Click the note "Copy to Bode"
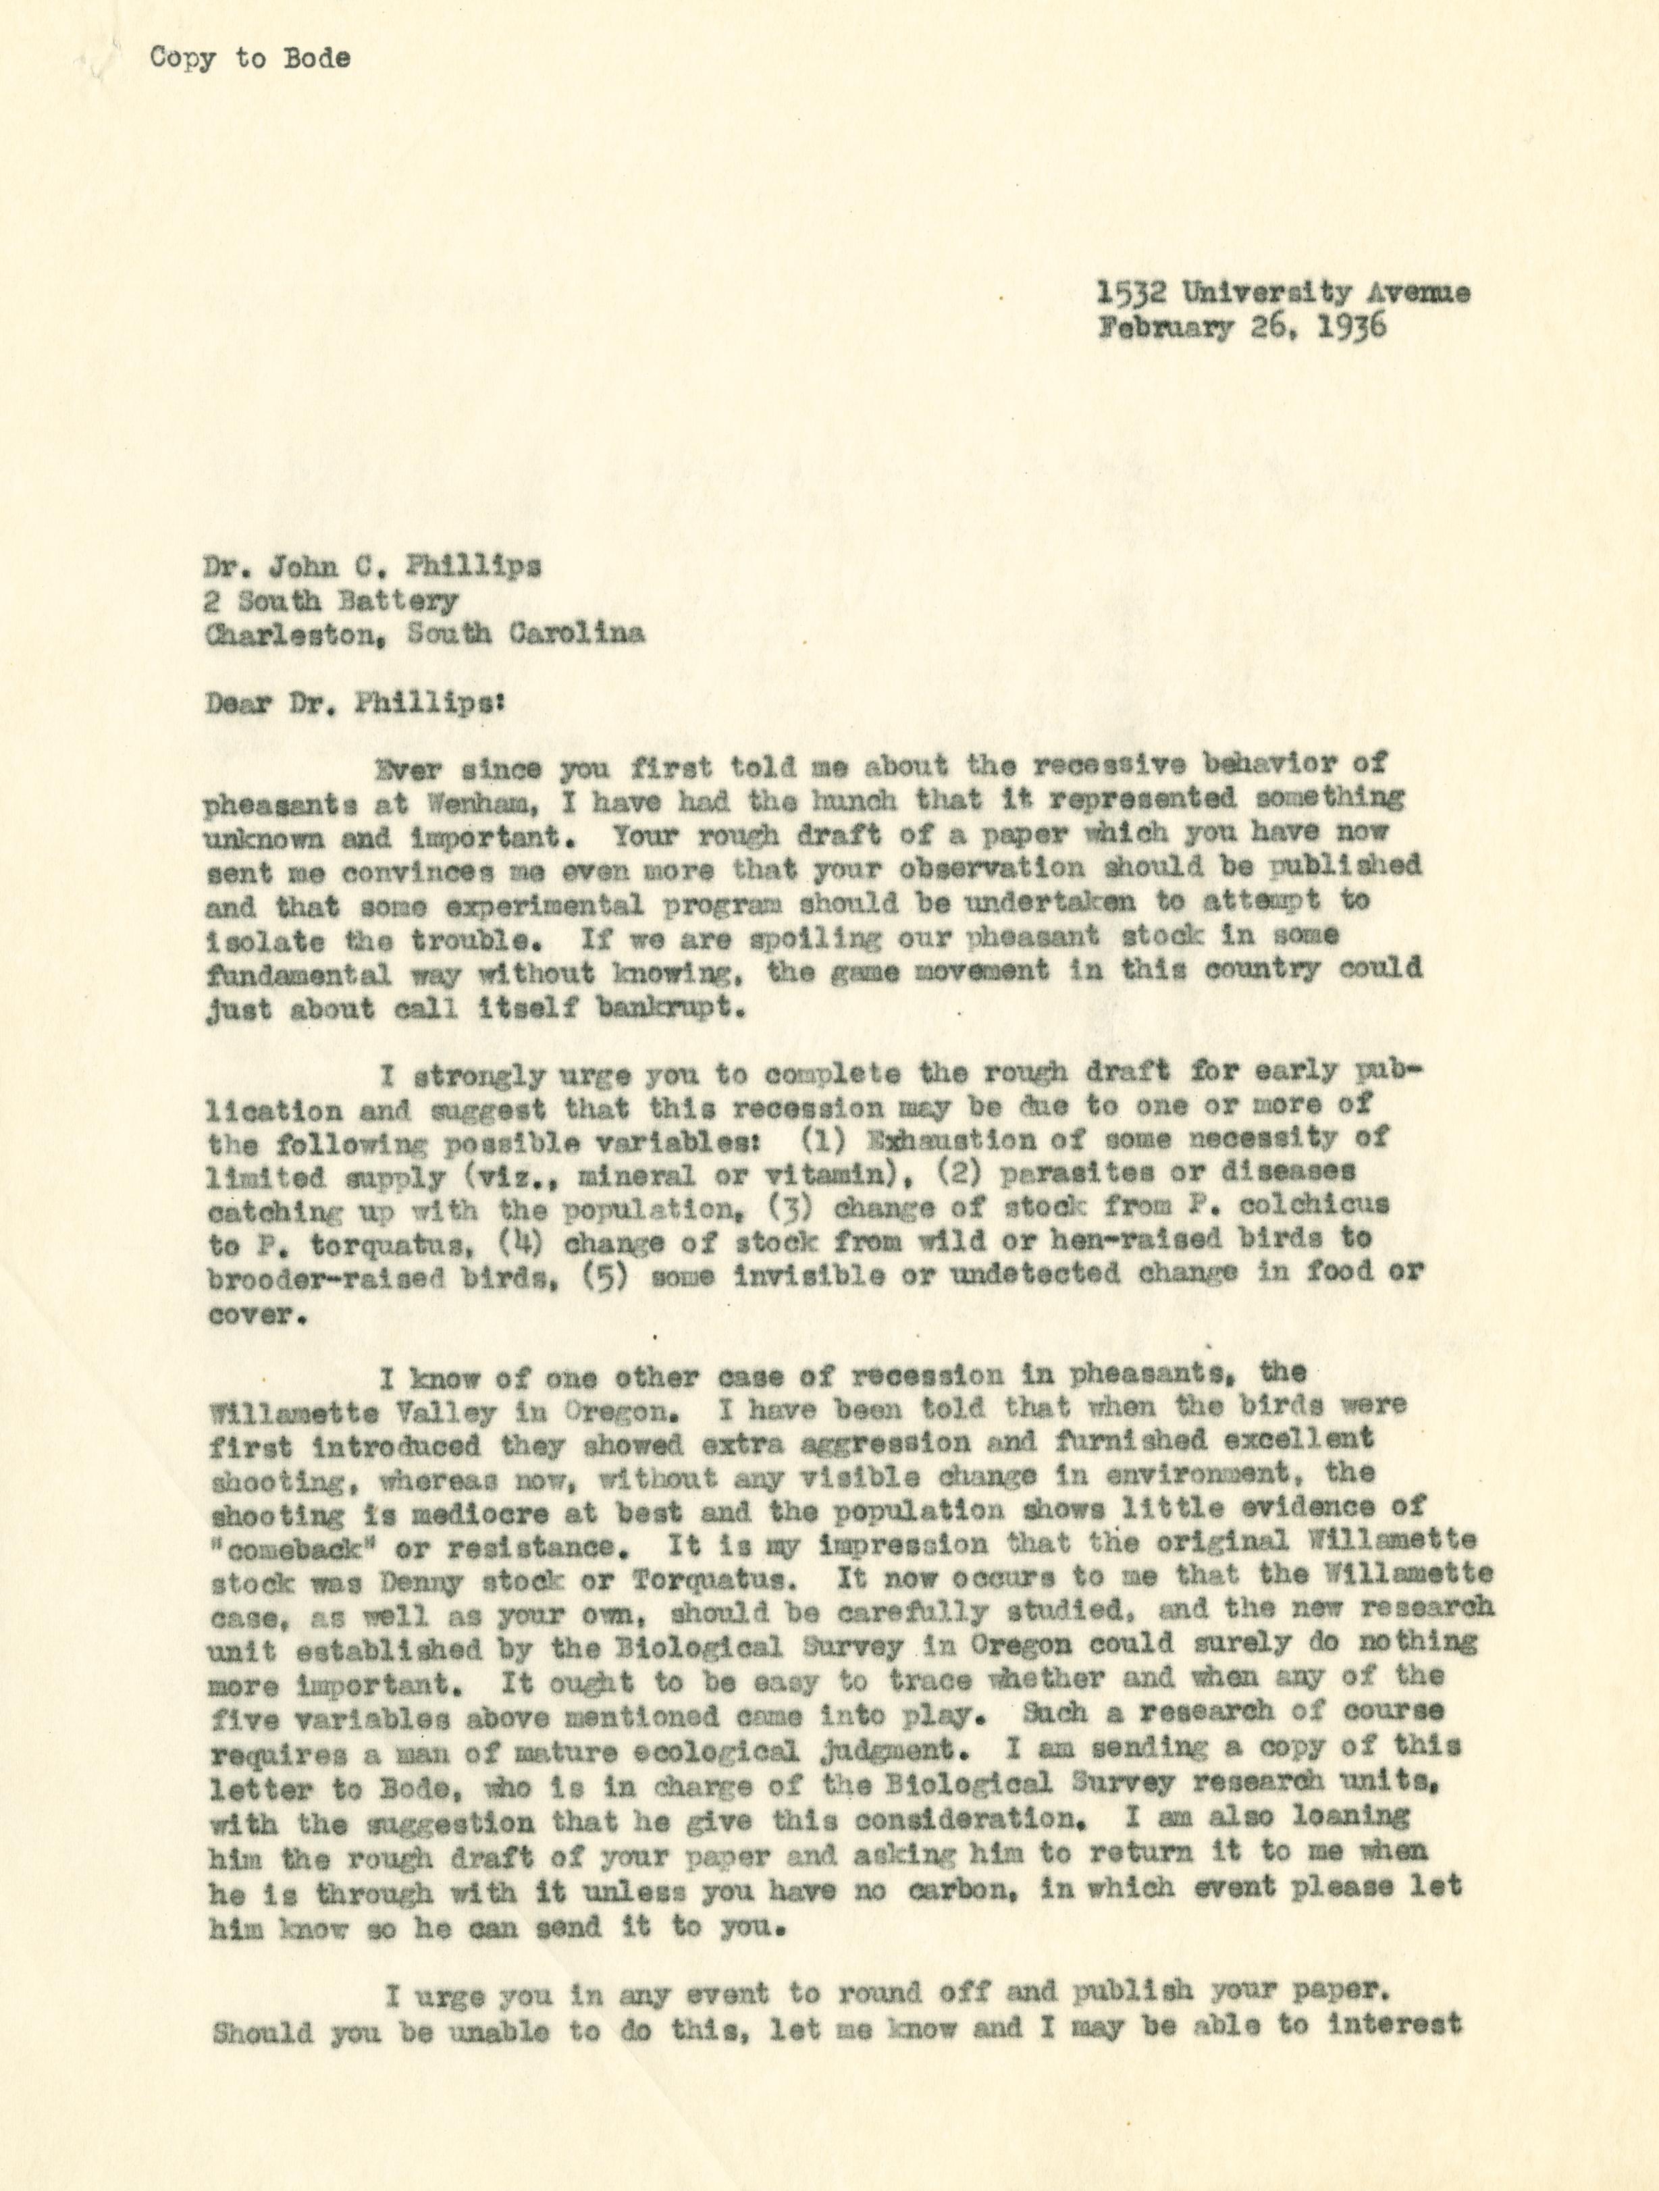(x=250, y=59)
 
